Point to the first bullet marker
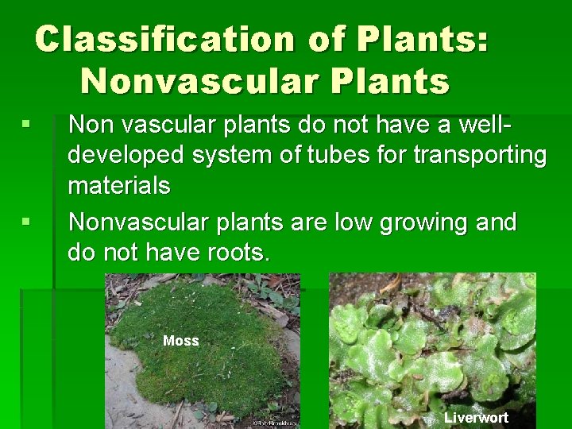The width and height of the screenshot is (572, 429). (26, 124)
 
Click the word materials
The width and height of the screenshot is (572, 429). (118, 186)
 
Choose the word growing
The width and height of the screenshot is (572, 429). (423, 222)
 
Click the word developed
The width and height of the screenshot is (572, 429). (128, 155)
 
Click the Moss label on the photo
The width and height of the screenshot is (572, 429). (180, 341)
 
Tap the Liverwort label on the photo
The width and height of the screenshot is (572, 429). (475, 417)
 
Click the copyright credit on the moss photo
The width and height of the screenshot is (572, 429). (273, 423)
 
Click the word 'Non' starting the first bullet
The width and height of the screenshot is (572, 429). (91, 124)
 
